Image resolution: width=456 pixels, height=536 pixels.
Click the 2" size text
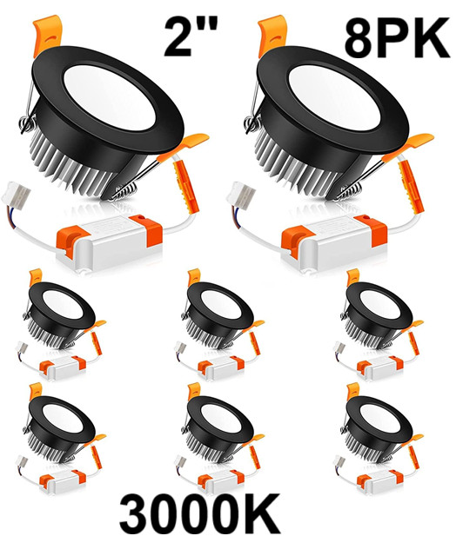coord(191,36)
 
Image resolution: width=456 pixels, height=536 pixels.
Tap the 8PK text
coord(397,38)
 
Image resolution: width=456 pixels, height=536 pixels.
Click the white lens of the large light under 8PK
coord(334,97)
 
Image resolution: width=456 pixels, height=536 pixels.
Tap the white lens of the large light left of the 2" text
coord(109,97)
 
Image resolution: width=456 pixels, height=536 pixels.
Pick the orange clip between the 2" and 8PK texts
coord(272,34)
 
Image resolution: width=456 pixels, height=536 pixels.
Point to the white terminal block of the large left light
coord(16,195)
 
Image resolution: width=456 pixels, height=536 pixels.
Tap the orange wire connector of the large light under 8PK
coord(411,187)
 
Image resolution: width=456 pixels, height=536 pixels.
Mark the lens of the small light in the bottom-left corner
coord(63,418)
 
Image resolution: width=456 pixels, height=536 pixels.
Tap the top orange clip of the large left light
coord(47,34)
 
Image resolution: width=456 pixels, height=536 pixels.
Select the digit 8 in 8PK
coord(360,38)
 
